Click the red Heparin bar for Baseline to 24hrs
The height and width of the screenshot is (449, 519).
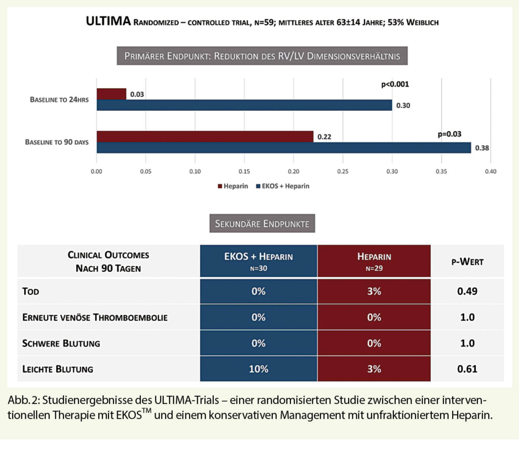(x=112, y=94)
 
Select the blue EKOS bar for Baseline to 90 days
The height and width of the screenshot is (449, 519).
(x=284, y=147)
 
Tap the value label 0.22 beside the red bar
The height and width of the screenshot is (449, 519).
(x=324, y=137)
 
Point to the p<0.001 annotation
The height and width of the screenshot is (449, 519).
(x=395, y=84)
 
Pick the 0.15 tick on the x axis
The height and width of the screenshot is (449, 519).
(x=244, y=172)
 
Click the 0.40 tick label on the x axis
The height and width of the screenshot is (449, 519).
(x=490, y=172)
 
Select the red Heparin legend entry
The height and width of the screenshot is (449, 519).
(x=233, y=186)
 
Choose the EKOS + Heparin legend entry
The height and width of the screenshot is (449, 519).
(x=284, y=186)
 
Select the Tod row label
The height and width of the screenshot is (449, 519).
(x=31, y=291)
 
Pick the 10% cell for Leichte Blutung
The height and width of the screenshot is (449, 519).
(x=258, y=369)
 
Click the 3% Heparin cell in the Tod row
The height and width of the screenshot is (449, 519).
(x=374, y=291)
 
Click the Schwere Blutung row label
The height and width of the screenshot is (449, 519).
(x=61, y=343)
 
